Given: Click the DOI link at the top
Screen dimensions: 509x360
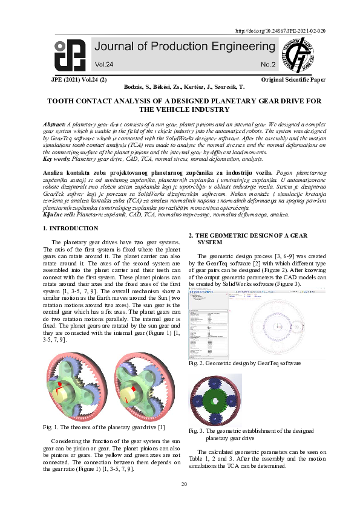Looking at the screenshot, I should (x=280, y=31).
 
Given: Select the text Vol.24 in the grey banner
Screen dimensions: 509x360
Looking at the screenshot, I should (x=103, y=64).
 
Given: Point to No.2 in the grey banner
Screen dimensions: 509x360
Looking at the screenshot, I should (x=267, y=64).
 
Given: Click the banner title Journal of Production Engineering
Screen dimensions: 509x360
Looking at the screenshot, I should (x=179, y=48).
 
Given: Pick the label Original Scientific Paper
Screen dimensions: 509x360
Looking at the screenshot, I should (x=293, y=79).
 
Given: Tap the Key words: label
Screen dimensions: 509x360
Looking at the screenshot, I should (x=57, y=160).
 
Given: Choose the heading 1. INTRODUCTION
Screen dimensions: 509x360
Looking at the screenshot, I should (x=71, y=229).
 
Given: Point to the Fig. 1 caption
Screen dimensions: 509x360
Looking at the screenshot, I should (x=103, y=427).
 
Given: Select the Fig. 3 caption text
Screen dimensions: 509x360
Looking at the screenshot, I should (x=250, y=434).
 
